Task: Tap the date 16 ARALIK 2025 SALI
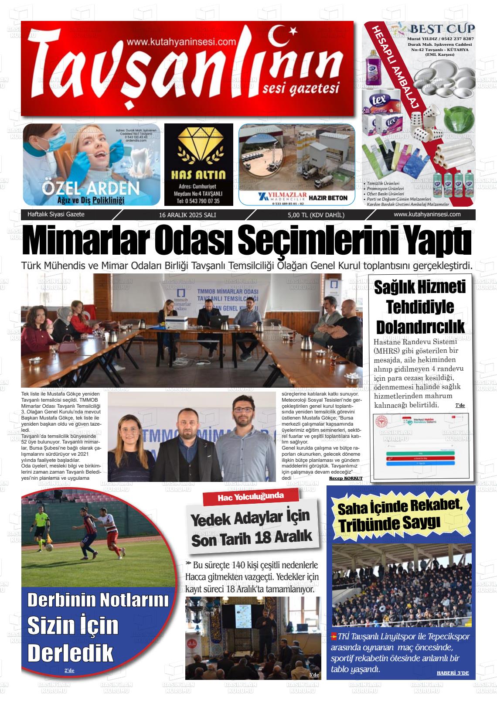coord(187,215)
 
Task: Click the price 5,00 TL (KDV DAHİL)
coord(316,215)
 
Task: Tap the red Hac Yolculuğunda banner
coord(251,496)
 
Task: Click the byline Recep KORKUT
coord(346,478)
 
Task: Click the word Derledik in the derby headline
coord(70,652)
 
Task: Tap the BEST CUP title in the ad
coord(442,29)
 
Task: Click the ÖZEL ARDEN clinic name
coord(91,189)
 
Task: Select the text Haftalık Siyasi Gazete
coord(56,215)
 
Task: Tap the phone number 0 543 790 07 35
coord(198,201)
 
